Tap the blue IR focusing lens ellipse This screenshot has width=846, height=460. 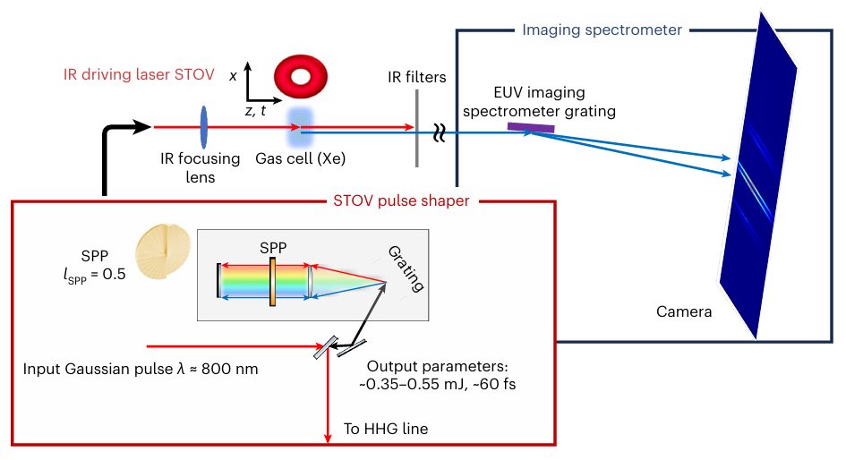[204, 127]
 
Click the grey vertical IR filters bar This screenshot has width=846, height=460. [417, 127]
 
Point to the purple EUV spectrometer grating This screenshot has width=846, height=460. [531, 128]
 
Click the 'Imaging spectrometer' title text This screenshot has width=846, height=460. [602, 30]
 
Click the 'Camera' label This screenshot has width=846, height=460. [684, 312]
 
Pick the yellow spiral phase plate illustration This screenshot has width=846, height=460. [163, 254]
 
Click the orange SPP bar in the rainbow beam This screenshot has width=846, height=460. [271, 282]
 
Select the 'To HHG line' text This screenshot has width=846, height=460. [386, 429]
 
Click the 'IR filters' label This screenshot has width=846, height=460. [417, 77]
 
